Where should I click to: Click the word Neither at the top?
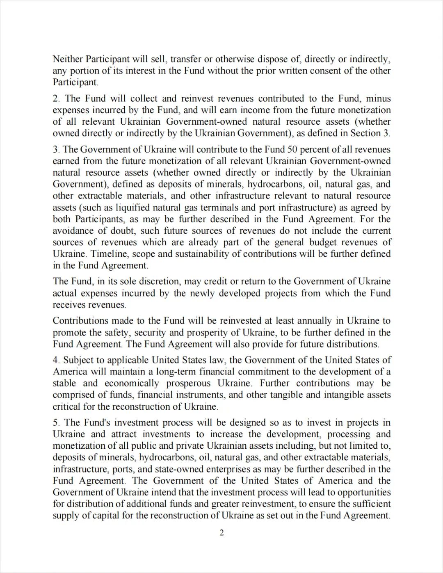coord(68,59)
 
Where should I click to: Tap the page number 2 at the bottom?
coord(221,533)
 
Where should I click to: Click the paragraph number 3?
coord(56,149)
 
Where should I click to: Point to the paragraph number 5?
coord(56,422)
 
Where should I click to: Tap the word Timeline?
coord(110,254)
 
